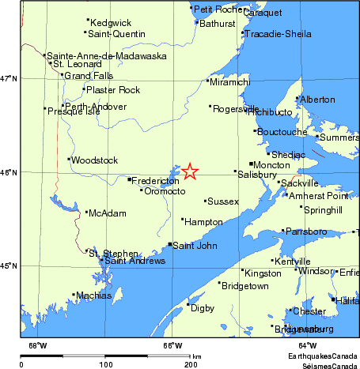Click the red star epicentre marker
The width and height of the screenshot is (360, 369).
click(190, 171)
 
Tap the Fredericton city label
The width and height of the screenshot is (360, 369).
click(154, 181)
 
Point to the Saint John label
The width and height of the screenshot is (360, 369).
click(195, 246)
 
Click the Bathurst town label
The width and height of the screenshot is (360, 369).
click(218, 24)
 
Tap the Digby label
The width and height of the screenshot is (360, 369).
click(203, 306)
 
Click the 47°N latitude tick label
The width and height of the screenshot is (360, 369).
click(9, 78)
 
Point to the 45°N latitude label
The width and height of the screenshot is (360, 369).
click(9, 265)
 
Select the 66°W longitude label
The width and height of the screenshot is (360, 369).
click(171, 345)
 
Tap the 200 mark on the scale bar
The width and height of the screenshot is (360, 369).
click(191, 365)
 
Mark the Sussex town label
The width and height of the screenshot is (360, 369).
click(223, 202)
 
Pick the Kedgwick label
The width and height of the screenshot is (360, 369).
click(110, 22)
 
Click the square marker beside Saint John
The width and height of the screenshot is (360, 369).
click(170, 245)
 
